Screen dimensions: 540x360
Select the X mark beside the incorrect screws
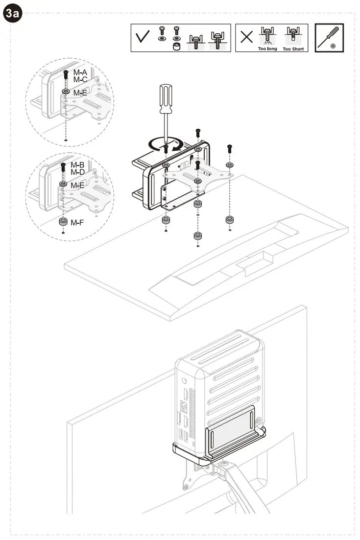[x=247, y=38]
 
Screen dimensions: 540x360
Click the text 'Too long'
[x=267, y=49]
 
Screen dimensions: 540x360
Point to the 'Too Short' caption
[x=294, y=49]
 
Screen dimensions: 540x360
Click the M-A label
[x=80, y=72]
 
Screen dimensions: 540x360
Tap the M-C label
[x=80, y=79]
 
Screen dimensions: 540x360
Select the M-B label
[x=77, y=165]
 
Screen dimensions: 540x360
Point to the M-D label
[x=77, y=172]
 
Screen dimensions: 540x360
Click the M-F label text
[x=77, y=223]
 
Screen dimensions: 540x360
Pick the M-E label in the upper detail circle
[x=80, y=92]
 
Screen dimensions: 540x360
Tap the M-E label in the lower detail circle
[x=77, y=186]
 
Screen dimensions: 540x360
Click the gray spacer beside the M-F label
[x=63, y=222]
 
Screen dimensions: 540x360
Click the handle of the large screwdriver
[x=165, y=96]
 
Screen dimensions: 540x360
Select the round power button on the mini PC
[x=184, y=380]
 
